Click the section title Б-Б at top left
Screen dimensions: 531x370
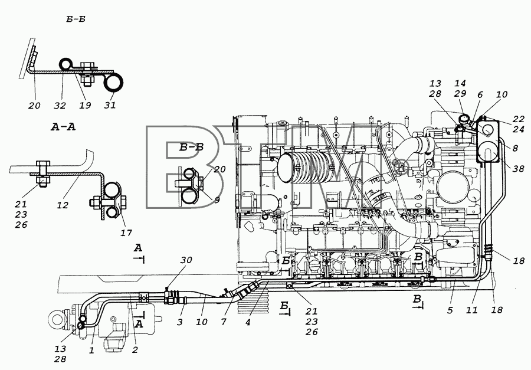coord(76,19)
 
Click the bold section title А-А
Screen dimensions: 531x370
coord(63,127)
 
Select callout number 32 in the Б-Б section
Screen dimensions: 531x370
coord(60,106)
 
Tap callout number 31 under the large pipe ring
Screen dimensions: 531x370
coord(109,106)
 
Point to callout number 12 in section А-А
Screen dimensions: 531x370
coord(63,205)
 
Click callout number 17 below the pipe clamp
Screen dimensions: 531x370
coord(127,233)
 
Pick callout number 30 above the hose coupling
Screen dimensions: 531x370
coord(186,260)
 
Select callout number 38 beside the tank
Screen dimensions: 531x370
coord(518,168)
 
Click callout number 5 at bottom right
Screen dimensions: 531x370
coord(450,310)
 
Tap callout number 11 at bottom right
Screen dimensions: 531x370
coord(472,310)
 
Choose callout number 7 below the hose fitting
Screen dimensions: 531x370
coord(224,322)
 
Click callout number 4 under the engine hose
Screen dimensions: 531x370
coord(248,322)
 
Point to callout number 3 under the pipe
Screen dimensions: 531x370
coord(180,322)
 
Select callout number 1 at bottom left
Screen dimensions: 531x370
coord(91,351)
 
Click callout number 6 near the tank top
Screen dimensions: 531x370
coord(480,95)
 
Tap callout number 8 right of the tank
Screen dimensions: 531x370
coord(515,148)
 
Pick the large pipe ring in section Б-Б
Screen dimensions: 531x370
coord(113,83)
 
